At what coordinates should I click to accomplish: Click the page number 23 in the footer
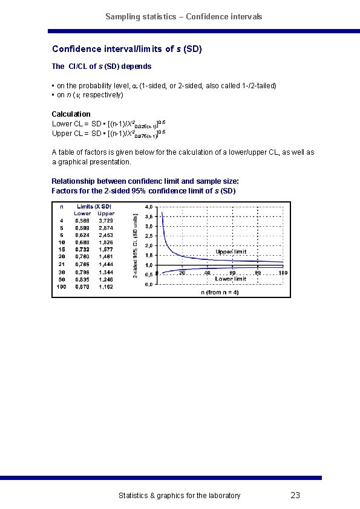(295, 496)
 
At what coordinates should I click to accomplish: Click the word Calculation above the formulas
(71, 114)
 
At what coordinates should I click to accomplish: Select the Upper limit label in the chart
(231, 251)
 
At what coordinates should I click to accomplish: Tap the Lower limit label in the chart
(231, 279)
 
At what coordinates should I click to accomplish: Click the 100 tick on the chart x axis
(283, 273)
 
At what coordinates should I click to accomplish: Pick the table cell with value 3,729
(106, 221)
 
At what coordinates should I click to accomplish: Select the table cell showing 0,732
(82, 249)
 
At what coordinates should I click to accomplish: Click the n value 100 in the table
(61, 287)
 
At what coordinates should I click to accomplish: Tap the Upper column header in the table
(106, 213)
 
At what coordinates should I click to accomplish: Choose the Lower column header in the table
(82, 213)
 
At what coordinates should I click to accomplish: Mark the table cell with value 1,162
(106, 287)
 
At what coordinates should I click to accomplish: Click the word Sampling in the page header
(121, 16)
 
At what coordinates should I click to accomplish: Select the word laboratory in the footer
(221, 496)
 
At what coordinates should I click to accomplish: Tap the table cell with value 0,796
(82, 272)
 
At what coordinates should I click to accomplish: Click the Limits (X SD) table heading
(94, 207)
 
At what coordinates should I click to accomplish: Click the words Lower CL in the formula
(66, 124)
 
